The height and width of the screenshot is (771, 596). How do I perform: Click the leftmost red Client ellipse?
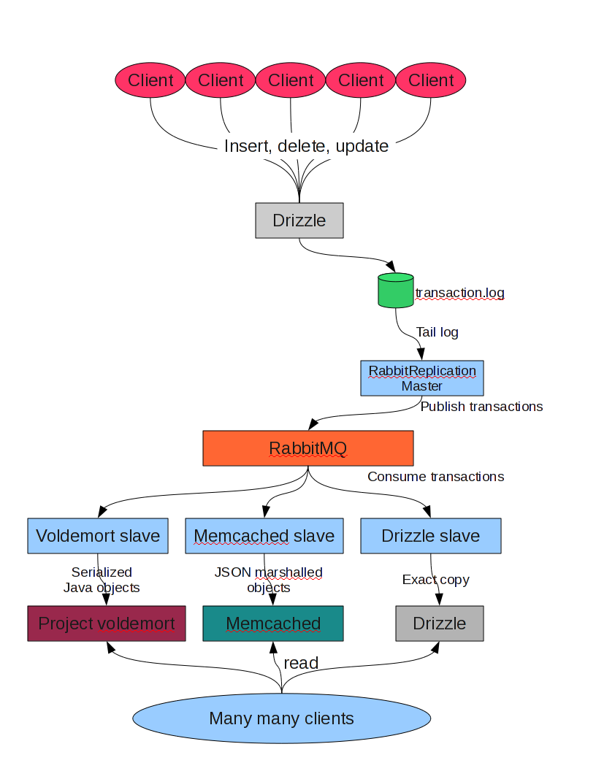tap(150, 80)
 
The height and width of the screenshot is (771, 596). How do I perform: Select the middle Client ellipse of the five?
tap(291, 80)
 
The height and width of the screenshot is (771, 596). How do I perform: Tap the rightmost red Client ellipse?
tap(431, 80)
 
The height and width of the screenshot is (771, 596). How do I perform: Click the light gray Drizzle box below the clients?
tap(299, 220)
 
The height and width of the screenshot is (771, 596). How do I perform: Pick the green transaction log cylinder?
tap(396, 290)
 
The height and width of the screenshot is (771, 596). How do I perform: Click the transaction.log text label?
tap(459, 294)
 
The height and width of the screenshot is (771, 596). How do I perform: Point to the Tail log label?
tap(438, 332)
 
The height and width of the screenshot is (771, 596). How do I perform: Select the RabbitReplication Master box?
tap(422, 378)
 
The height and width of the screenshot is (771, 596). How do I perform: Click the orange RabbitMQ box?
tap(307, 448)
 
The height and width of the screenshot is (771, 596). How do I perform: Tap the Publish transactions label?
tap(481, 407)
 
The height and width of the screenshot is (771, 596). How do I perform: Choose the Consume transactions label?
tap(435, 477)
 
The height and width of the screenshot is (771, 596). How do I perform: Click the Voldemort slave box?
tap(98, 536)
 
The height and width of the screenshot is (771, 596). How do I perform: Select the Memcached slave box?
tap(264, 536)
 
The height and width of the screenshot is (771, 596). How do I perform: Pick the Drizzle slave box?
tap(431, 536)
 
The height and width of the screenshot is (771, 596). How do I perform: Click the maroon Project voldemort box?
tap(107, 624)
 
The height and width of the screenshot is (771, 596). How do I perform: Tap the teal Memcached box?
tap(273, 624)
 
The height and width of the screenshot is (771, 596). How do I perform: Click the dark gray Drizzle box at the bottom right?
tap(440, 624)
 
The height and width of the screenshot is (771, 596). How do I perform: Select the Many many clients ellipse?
tap(282, 718)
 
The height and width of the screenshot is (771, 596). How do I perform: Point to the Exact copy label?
tap(435, 580)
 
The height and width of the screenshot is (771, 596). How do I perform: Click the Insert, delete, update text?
tap(306, 146)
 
